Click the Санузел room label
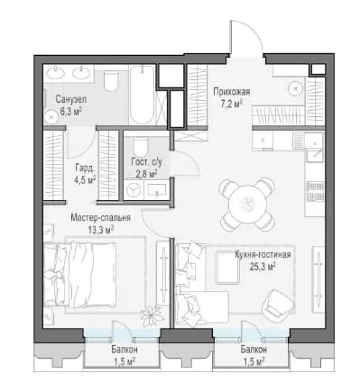[71, 99]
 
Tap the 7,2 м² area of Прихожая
[232, 104]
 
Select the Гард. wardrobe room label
[84, 169]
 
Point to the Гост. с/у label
[146, 162]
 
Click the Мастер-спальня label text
[101, 217]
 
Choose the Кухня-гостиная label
[263, 255]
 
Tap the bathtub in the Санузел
[142, 95]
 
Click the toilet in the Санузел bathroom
[110, 80]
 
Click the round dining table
[247, 205]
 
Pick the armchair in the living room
[277, 305]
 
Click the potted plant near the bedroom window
[152, 315]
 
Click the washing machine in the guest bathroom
[134, 190]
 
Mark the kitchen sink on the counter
[315, 155]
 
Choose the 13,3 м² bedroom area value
[101, 230]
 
